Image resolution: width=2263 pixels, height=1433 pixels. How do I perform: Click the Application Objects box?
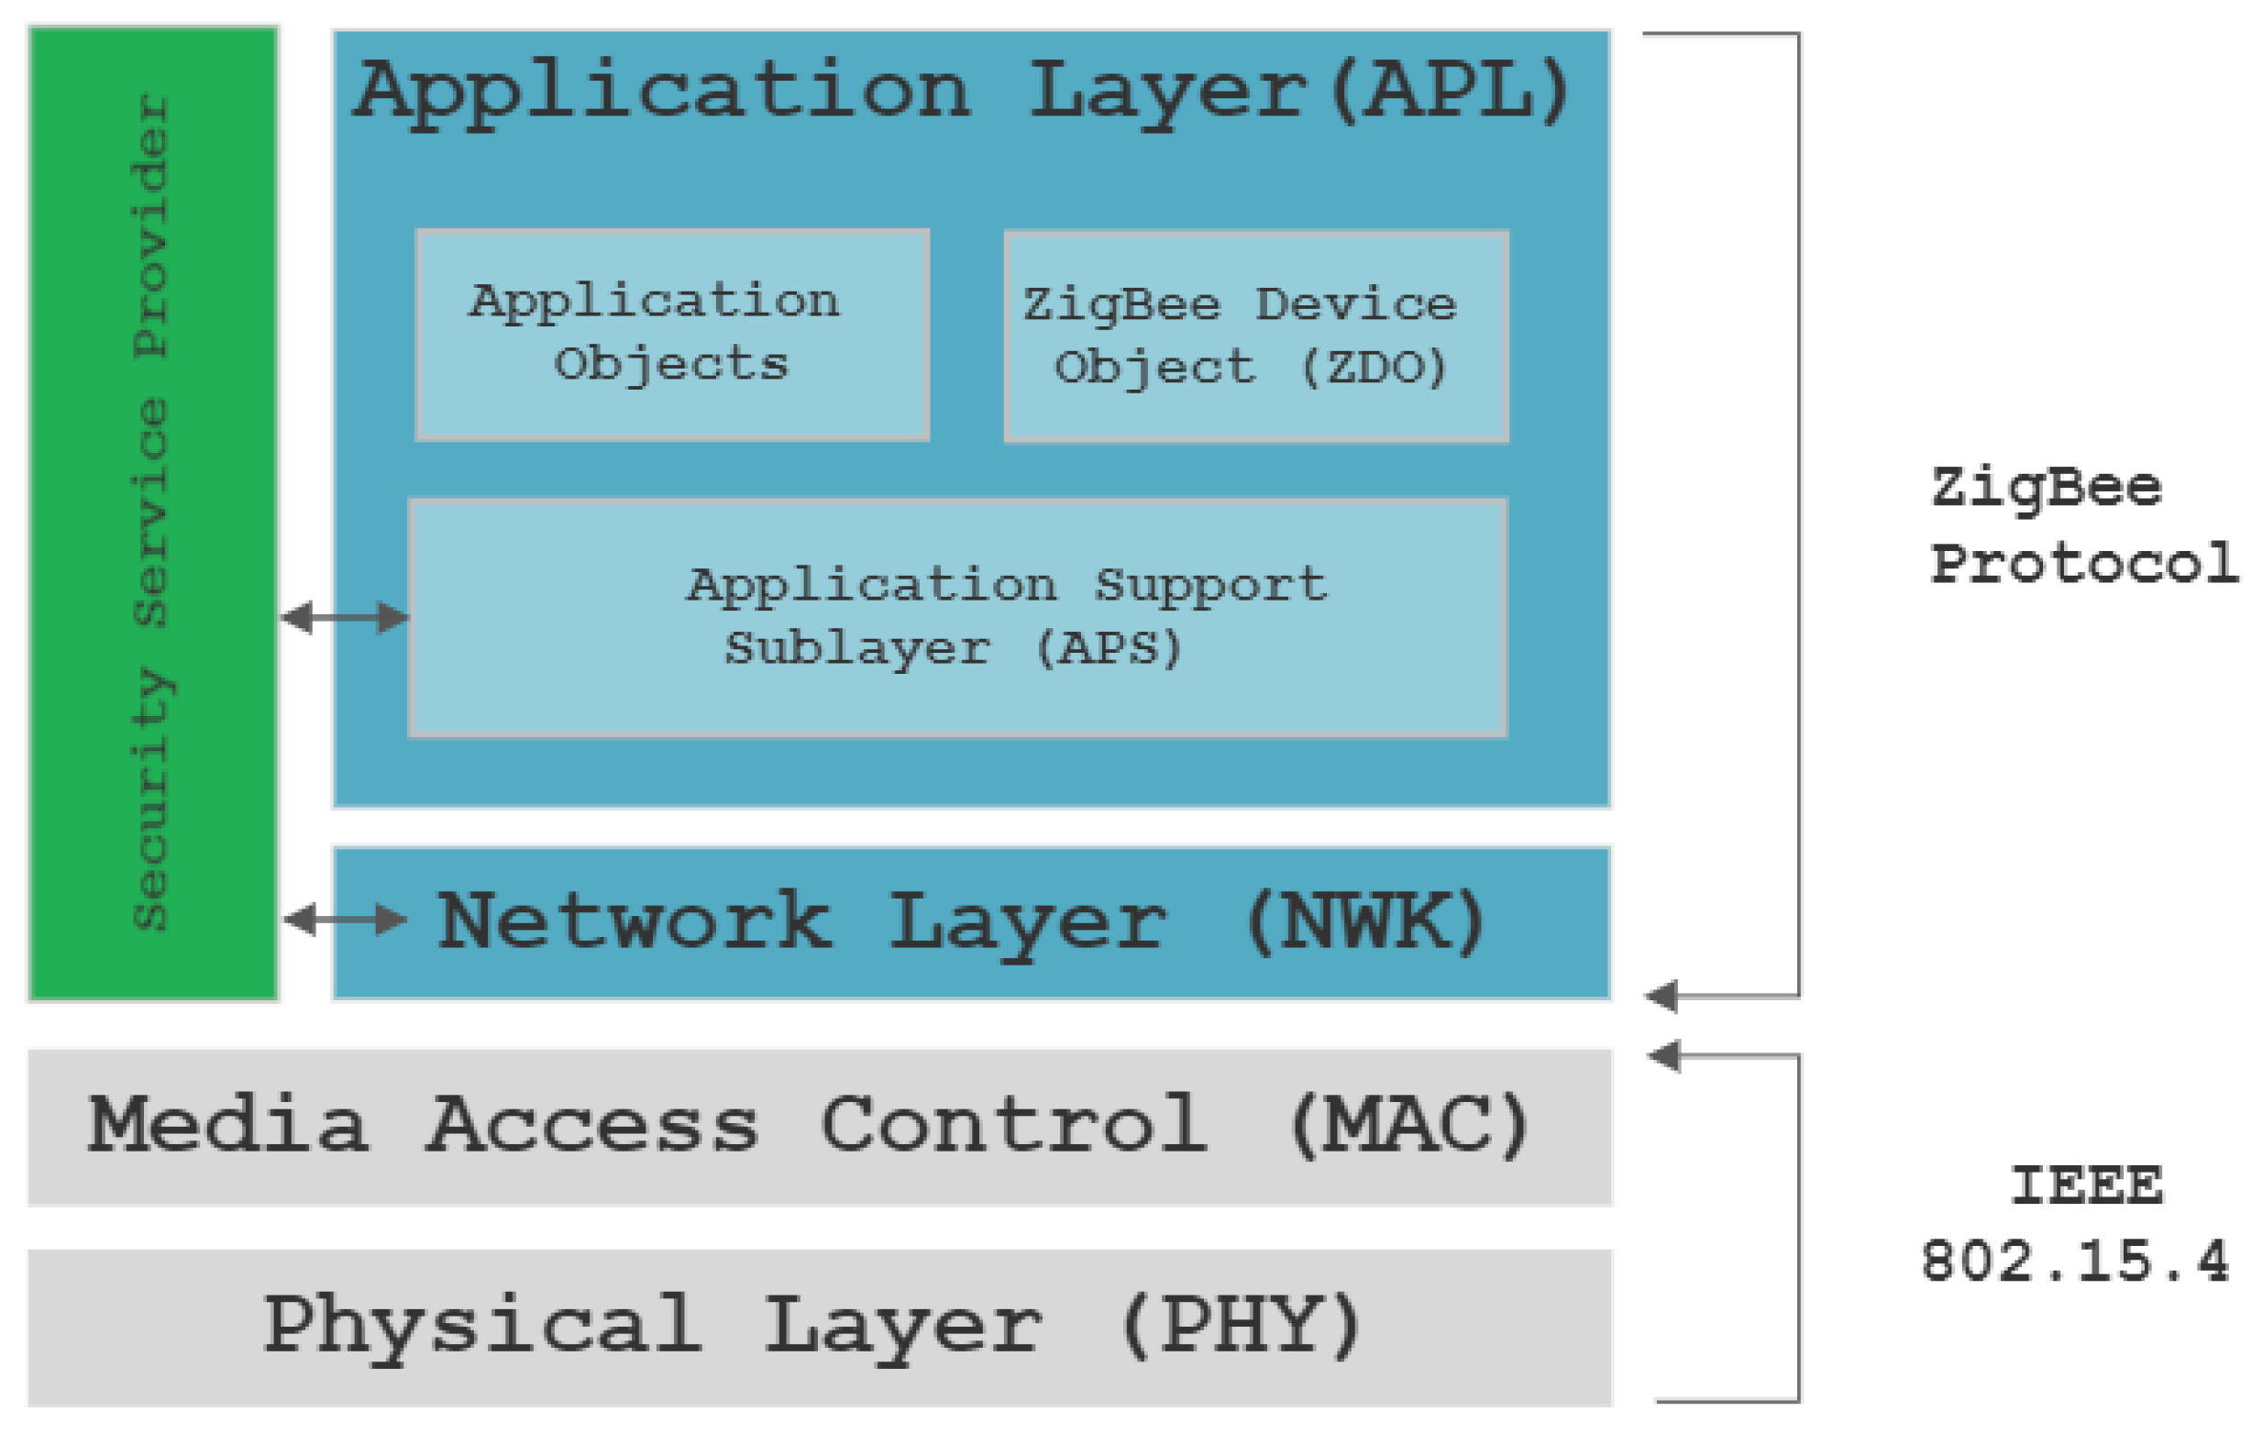point(673,335)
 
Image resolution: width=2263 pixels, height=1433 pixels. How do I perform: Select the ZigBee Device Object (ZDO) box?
point(1255,336)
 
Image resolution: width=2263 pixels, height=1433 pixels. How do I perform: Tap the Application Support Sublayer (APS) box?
point(956,617)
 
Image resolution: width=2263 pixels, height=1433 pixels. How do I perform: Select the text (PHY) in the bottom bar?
point(1241,1324)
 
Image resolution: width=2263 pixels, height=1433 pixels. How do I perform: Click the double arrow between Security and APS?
point(344,617)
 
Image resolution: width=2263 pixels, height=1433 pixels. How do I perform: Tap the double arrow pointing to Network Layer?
point(344,919)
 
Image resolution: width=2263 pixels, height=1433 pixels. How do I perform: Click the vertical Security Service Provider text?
point(150,513)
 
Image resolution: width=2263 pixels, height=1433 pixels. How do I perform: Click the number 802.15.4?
point(2074,1261)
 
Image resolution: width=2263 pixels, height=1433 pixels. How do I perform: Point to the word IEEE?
point(2085,1185)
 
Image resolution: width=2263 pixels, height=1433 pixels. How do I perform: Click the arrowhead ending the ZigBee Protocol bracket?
point(1661,996)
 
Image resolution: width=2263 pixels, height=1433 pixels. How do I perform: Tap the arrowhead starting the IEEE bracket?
point(1664,1055)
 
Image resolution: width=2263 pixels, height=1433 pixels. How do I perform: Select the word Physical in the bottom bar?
point(481,1326)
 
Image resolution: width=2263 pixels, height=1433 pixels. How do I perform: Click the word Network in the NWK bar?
point(635,921)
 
